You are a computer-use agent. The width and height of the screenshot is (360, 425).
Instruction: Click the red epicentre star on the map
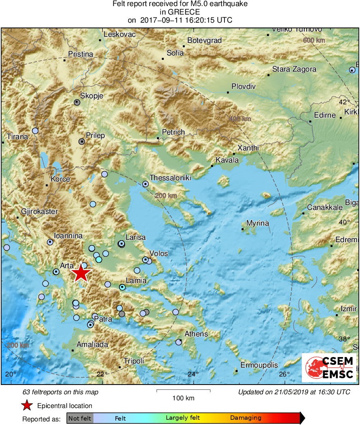pyautogui.click(x=81, y=273)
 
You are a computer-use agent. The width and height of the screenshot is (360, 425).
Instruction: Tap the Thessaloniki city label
pyautogui.click(x=170, y=178)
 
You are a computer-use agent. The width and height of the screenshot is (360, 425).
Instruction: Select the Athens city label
pyautogui.click(x=196, y=334)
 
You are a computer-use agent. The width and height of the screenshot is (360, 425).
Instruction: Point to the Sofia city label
pyautogui.click(x=175, y=53)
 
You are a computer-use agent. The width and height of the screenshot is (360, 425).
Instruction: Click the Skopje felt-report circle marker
pyautogui.click(x=77, y=102)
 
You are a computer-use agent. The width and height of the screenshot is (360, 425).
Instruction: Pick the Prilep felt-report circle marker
pyautogui.click(x=82, y=142)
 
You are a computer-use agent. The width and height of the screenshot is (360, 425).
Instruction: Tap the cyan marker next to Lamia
pyautogui.click(x=122, y=287)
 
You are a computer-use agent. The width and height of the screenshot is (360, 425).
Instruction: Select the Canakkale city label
pyautogui.click(x=325, y=207)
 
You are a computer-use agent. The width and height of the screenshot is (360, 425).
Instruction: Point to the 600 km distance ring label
pyautogui.click(x=313, y=40)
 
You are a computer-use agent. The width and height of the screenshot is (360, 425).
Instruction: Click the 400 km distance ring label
pyautogui.click(x=240, y=119)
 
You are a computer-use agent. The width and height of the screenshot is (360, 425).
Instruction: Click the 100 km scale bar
pyautogui.click(x=183, y=391)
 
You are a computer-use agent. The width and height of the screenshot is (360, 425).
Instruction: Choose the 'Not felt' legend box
pyautogui.click(x=80, y=418)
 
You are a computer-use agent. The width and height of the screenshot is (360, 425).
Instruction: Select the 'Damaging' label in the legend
pyautogui.click(x=246, y=418)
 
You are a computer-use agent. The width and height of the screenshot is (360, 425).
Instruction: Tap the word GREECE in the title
pyautogui.click(x=180, y=12)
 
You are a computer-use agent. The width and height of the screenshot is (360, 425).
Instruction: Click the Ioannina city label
pyautogui.click(x=68, y=236)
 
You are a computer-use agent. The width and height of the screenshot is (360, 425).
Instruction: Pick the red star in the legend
pyautogui.click(x=27, y=406)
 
